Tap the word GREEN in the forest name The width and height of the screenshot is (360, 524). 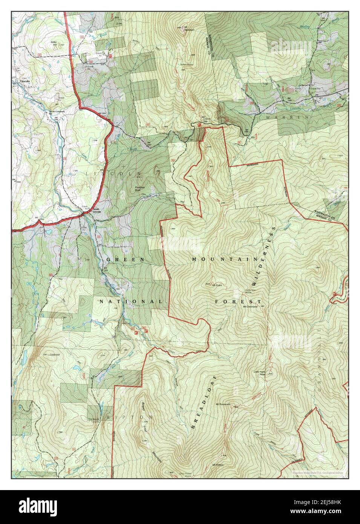[x=125, y=260]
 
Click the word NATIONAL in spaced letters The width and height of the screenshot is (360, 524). [x=131, y=302]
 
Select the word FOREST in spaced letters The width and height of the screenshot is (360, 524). [x=238, y=302]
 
